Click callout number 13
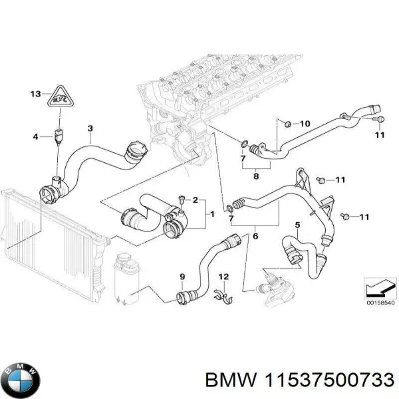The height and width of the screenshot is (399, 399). pyautogui.click(x=35, y=94)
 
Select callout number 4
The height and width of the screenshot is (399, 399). pyautogui.click(x=37, y=137)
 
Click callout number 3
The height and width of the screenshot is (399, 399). pyautogui.click(x=90, y=128)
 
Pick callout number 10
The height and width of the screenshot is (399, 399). pyautogui.click(x=305, y=124)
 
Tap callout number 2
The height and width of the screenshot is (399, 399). pyautogui.click(x=196, y=200)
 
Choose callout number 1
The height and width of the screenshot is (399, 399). pyautogui.click(x=211, y=214)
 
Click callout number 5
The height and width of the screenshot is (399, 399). pyautogui.click(x=297, y=225)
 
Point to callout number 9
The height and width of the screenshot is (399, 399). pyautogui.click(x=182, y=277)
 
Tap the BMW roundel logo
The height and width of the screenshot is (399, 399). pyautogui.click(x=21, y=380)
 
